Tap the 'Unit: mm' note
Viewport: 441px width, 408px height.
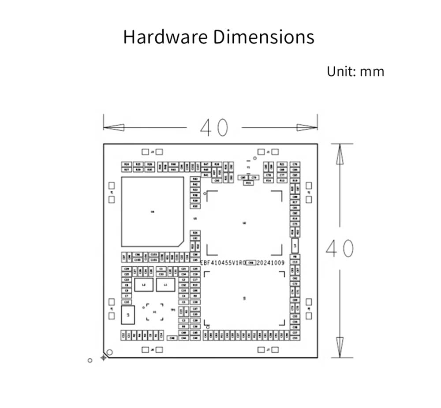[355, 71]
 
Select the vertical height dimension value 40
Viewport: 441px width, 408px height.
[340, 249]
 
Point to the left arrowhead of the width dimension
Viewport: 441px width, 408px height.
[113, 128]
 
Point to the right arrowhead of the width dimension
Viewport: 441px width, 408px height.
[307, 128]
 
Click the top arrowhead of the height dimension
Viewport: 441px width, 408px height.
[340, 154]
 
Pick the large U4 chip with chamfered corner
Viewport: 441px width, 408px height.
[152, 212]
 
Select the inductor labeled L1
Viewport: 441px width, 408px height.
[166, 285]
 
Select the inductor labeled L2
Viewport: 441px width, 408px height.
[143, 285]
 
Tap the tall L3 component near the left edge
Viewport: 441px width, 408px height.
[127, 315]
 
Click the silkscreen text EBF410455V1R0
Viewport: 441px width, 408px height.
[222, 263]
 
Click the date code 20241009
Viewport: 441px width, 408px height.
[271, 263]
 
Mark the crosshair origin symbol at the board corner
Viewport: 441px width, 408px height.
[104, 357]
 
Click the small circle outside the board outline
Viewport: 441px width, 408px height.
[90, 360]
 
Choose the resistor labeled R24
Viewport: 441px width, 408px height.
[127, 164]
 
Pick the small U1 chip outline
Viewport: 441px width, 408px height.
[154, 312]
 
